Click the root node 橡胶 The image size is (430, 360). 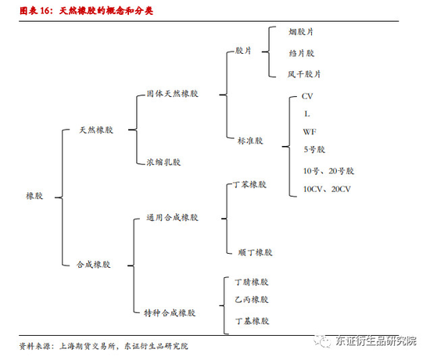point(34,196)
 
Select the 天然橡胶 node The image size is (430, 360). point(96,130)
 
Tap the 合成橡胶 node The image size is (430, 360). point(94,265)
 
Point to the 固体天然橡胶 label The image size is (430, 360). point(172,94)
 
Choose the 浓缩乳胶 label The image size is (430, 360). point(163,162)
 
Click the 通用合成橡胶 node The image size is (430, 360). point(172,218)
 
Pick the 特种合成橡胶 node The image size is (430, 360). point(170,313)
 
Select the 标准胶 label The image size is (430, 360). point(250,141)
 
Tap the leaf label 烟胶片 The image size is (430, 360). point(301,32)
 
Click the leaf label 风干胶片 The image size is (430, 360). point(304,74)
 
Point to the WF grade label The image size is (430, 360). point(310,132)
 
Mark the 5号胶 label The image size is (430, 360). point(314,149)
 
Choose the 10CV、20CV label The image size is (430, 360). point(327,189)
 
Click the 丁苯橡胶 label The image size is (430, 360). point(250,184)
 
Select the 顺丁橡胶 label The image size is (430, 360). point(256,252)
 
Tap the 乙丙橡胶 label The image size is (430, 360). point(252,299)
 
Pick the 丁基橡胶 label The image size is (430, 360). point(252,321)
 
